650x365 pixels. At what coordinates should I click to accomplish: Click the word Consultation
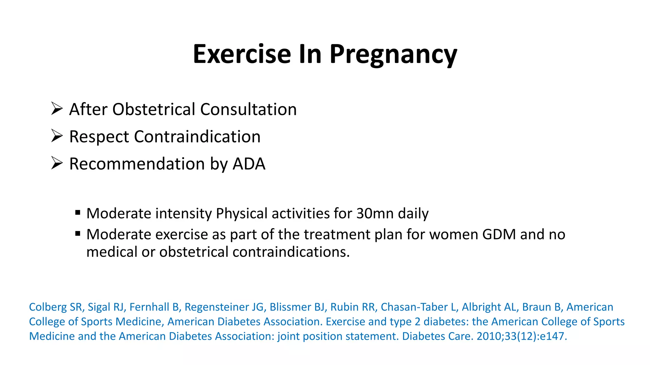[248, 109]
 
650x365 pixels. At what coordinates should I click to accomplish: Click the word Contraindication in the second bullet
[197, 137]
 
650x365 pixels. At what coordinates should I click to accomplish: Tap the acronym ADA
[249, 164]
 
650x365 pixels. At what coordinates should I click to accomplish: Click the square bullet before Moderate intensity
[78, 212]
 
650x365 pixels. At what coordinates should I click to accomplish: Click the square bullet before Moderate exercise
[78, 234]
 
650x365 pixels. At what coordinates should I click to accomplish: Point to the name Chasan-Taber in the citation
[414, 307]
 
